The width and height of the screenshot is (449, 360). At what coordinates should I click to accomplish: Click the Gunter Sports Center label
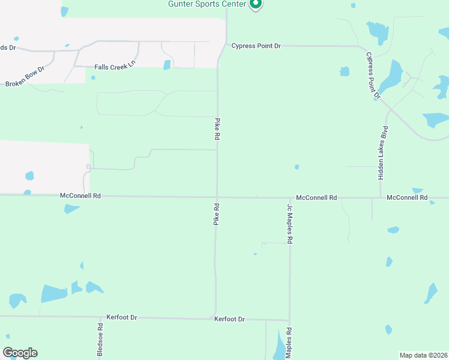tap(208, 4)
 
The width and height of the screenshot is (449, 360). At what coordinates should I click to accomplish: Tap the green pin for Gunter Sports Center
tap(256, 4)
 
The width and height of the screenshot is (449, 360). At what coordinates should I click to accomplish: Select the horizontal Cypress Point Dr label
tap(256, 46)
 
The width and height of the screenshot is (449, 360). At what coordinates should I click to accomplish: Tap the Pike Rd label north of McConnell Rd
tap(217, 129)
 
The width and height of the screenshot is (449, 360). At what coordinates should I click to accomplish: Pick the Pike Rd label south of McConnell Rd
tap(217, 214)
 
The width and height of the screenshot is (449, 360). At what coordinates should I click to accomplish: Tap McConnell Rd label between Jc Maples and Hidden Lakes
tap(316, 197)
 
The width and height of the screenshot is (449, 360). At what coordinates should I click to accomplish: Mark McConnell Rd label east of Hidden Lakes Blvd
tap(407, 197)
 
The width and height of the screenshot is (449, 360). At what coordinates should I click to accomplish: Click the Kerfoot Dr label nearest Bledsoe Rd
tap(122, 317)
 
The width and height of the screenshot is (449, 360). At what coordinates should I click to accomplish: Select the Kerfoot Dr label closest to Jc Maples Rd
tap(229, 319)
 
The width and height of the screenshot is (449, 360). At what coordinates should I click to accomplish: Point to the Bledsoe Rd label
tap(100, 340)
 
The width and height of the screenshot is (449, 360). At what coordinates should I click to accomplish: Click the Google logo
tap(20, 353)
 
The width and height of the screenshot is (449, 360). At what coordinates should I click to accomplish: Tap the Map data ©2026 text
tap(423, 355)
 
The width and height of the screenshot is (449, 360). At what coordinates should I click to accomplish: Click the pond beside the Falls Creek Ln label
tap(167, 65)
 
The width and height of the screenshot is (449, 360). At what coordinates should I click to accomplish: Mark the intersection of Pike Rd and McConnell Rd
tap(217, 197)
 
